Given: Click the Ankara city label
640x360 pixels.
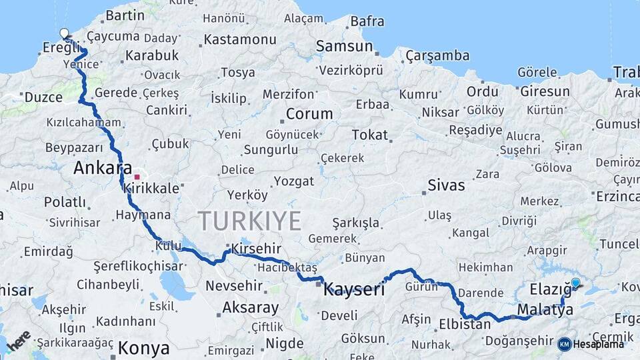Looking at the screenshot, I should click(102, 168).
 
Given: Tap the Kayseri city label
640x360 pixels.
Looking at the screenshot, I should click(354, 290).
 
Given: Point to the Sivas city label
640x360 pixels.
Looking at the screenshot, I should click(446, 185).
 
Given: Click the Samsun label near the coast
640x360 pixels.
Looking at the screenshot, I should click(344, 46).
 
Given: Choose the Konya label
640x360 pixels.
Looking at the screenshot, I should click(143, 348).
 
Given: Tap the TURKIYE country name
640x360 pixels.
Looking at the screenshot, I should click(249, 221).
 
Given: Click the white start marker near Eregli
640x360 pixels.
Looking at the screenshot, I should click(64, 33).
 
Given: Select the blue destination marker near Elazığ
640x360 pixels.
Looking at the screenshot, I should click(576, 283).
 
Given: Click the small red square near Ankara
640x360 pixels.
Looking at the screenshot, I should click(137, 177).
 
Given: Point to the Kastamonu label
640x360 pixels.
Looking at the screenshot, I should click(239, 39).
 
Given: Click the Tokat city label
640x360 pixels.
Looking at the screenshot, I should click(369, 135).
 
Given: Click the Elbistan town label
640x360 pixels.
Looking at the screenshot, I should click(465, 325).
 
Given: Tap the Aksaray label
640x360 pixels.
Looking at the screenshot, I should click(250, 307).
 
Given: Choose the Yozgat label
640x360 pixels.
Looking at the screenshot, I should click(293, 181).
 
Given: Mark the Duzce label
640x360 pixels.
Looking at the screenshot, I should click(43, 97).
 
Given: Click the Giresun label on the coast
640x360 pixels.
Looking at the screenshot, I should click(545, 91).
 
